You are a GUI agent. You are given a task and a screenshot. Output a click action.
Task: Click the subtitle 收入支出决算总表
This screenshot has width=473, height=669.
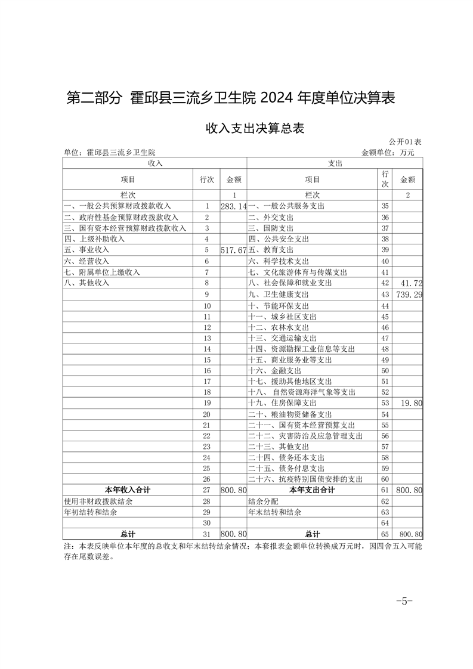255,128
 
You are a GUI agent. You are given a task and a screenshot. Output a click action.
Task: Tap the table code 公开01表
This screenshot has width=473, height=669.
405,142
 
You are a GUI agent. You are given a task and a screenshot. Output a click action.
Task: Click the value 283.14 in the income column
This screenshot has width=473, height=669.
233,206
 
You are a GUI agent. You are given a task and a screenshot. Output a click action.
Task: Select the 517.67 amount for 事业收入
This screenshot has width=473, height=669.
233,250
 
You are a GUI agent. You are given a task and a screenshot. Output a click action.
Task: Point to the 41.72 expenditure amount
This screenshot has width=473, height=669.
412,283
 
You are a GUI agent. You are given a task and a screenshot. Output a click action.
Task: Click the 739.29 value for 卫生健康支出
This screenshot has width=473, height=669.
408,295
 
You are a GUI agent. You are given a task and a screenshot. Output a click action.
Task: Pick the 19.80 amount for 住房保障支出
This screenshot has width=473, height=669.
412,404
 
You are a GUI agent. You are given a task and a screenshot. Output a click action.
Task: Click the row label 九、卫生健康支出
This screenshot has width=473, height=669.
279,295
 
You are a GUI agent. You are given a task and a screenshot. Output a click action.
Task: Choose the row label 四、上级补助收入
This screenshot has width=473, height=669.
94,239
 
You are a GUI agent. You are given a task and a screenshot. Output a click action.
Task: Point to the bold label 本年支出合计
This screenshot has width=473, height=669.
312,490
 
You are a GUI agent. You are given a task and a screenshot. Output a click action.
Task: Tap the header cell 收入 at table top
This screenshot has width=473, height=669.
154,163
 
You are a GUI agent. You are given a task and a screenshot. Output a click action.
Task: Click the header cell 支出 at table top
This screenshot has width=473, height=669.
335,163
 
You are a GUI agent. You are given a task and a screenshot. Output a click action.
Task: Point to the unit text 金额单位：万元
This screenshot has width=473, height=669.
388,153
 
